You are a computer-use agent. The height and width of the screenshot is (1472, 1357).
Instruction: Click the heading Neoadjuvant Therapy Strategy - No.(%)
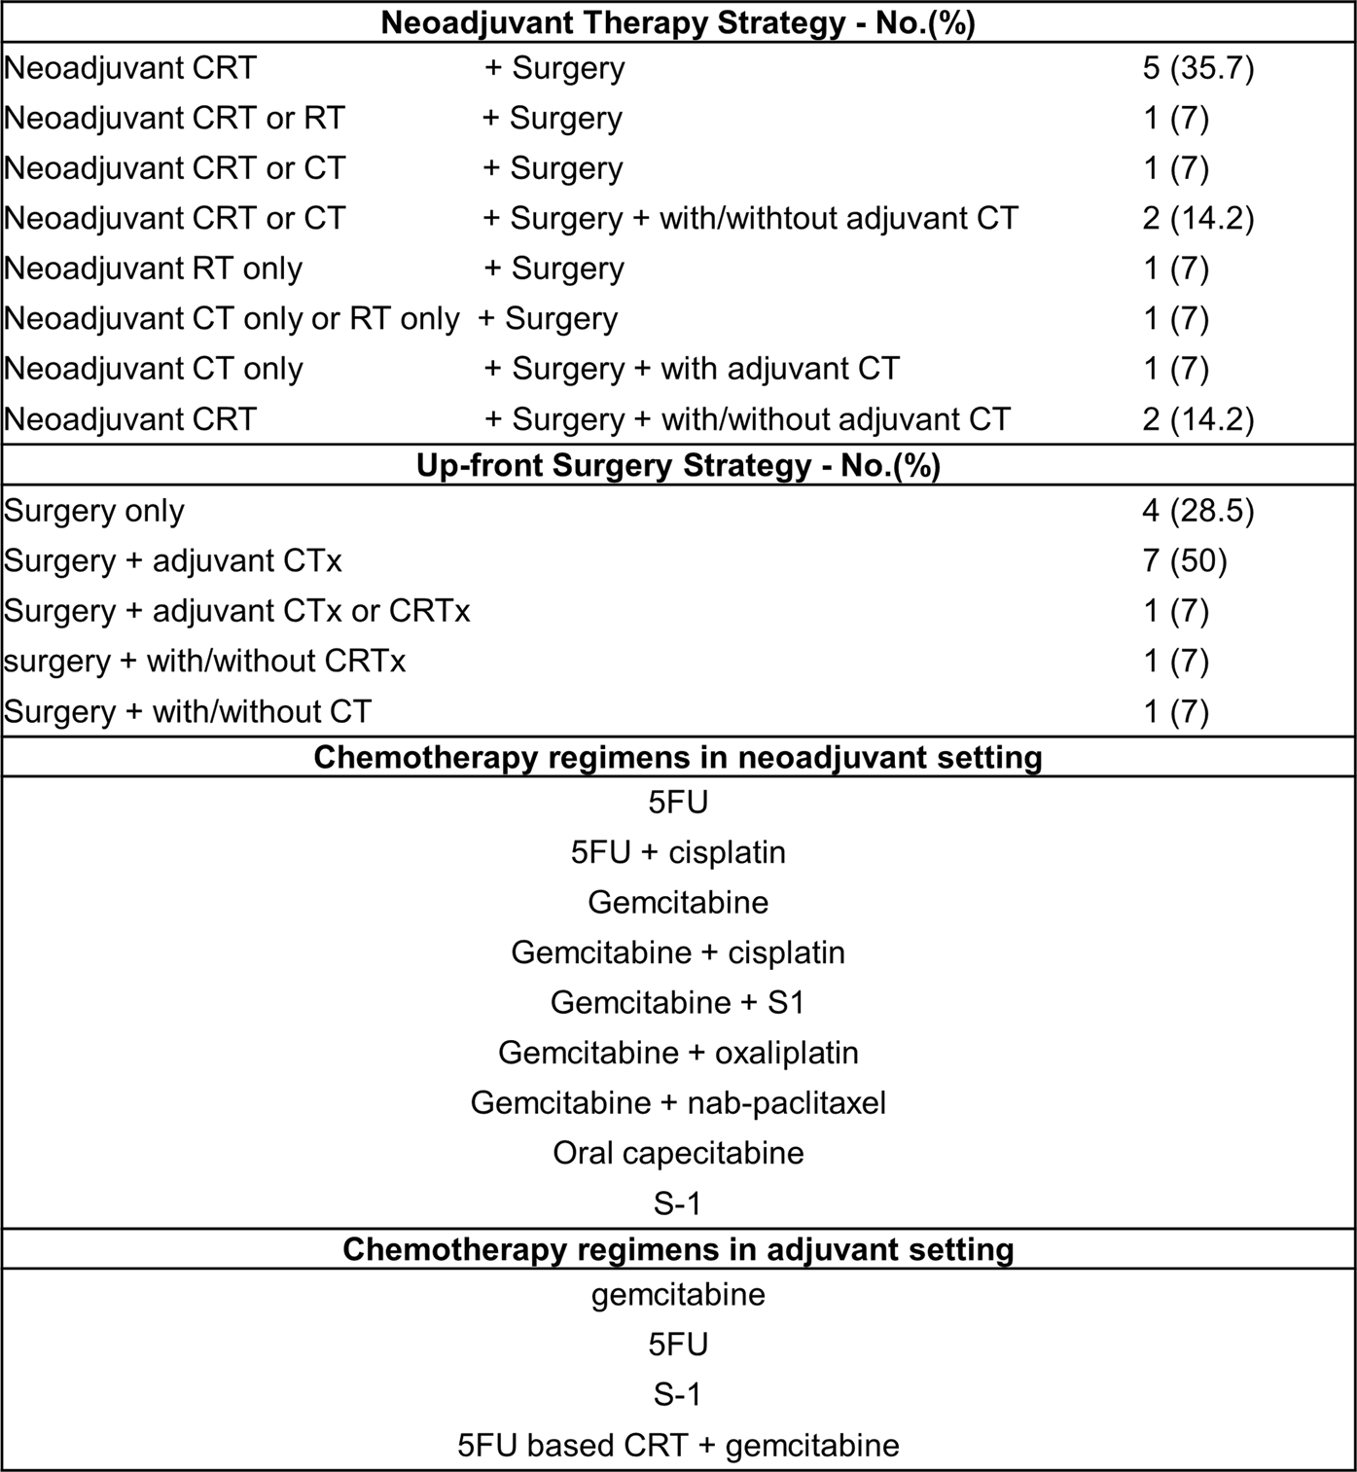678,22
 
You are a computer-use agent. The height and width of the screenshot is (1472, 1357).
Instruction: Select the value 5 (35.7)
1197,68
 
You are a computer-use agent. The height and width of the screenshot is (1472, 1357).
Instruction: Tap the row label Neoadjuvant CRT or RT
174,119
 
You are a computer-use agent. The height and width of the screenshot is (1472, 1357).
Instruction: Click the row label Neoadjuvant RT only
153,269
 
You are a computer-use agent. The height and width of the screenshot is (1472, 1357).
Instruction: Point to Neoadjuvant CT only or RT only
232,319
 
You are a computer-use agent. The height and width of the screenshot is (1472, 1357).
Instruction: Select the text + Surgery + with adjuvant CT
692,370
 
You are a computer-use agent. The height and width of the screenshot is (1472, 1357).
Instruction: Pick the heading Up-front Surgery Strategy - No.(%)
678,466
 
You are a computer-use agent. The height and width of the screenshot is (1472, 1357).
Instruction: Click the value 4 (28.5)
1197,511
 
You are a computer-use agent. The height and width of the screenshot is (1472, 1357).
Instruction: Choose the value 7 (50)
1184,561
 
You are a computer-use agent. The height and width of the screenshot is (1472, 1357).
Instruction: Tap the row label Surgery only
94,511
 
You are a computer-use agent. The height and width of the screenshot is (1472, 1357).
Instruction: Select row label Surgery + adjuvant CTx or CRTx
237,612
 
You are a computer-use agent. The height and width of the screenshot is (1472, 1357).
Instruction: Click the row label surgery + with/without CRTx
204,662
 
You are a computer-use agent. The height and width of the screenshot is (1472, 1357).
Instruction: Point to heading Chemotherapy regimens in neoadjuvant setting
678,757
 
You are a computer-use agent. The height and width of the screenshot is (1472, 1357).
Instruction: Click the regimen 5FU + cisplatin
678,852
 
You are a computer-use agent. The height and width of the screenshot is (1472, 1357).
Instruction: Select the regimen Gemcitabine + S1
678,1002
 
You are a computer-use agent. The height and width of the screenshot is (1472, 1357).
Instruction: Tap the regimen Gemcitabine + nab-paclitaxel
678,1103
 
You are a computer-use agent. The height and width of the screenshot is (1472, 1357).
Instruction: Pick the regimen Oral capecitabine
678,1153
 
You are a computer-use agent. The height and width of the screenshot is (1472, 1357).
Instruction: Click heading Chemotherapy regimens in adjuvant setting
678,1249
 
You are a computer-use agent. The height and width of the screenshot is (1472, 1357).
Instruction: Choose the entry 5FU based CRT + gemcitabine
678,1446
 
